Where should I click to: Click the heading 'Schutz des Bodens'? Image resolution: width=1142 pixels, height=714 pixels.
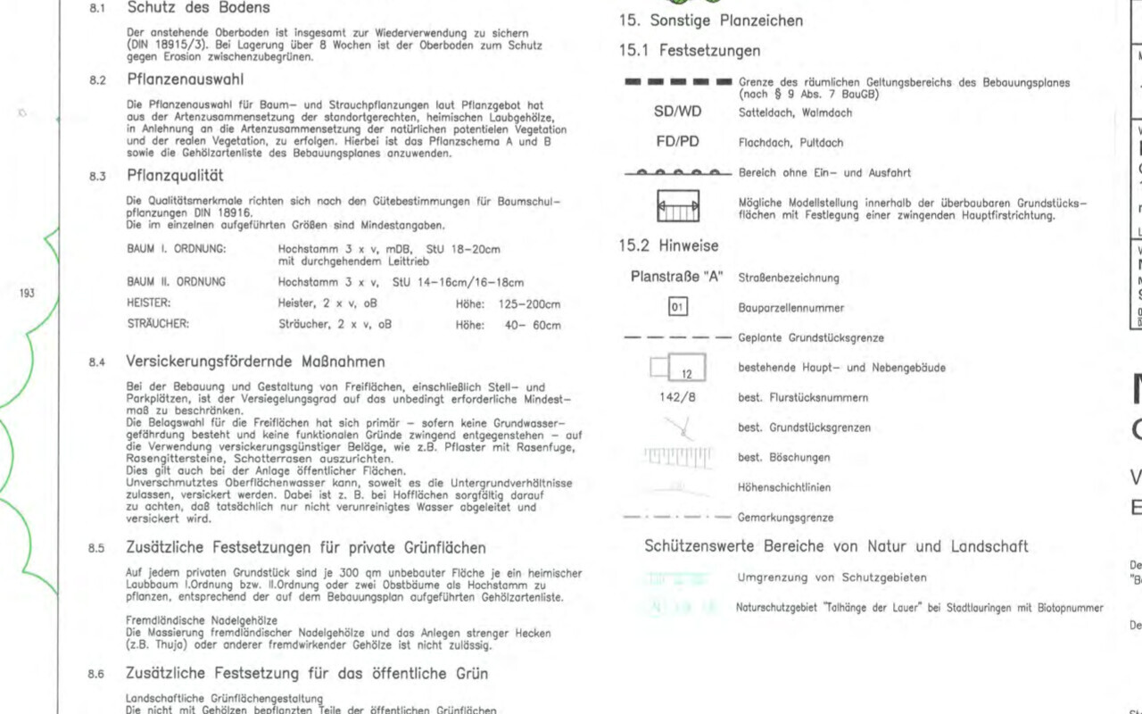198,8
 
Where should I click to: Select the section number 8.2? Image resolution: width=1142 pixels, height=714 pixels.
97,79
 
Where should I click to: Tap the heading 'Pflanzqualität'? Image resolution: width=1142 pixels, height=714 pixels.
175,176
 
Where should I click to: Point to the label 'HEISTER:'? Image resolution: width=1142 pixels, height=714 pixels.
149,303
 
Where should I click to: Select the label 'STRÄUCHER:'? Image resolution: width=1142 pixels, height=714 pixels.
158,325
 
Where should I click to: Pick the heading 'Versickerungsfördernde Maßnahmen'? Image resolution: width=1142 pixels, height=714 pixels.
256,361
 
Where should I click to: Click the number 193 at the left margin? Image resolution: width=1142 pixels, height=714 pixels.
27,292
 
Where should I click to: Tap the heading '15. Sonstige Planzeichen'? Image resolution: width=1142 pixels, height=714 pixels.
710,20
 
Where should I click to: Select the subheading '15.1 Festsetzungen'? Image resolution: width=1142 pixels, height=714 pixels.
690,51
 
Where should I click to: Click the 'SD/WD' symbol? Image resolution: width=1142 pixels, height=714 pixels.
678,112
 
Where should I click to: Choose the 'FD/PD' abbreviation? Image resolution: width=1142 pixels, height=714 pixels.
678,142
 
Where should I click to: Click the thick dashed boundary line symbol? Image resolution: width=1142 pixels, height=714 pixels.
678,83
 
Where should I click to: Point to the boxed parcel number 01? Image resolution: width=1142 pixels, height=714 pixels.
678,308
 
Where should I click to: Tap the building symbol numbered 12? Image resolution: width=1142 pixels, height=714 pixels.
678,367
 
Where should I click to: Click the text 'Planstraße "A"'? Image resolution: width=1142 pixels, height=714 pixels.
677,278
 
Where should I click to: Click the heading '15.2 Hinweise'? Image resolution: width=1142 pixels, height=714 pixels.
668,245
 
